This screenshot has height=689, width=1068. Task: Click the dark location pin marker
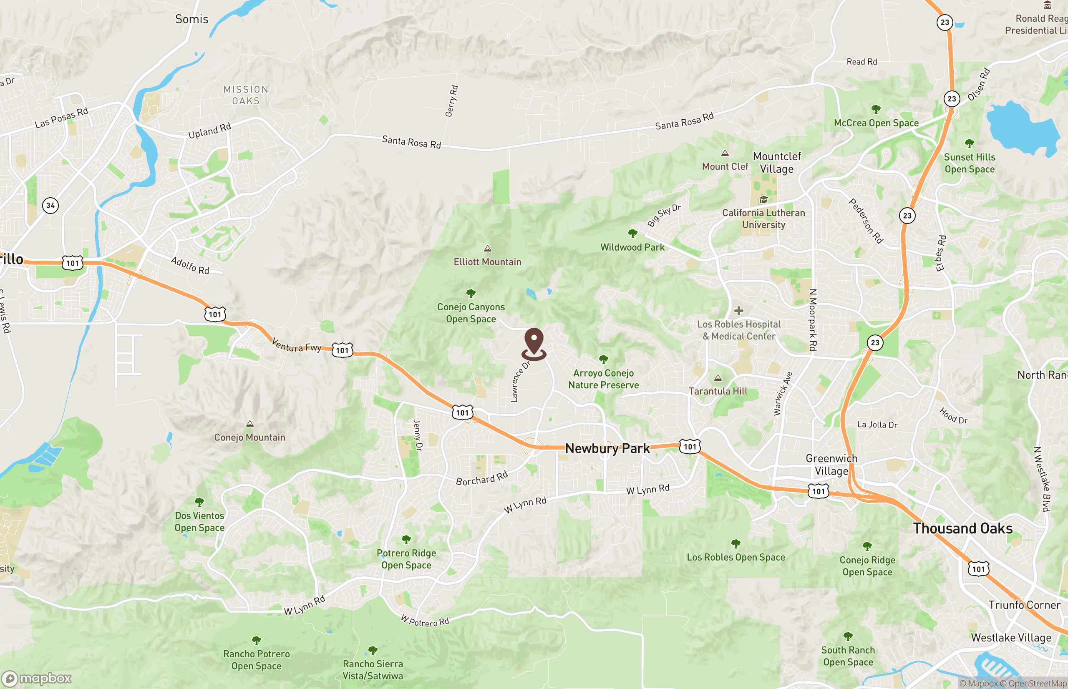pos(534,342)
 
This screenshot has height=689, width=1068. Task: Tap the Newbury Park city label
pos(607,448)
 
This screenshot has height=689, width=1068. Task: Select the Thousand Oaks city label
pos(963,528)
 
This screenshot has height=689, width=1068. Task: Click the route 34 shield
pos(50,205)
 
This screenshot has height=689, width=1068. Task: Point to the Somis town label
pos(191,19)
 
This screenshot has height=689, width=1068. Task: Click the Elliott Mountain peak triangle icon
pos(488,249)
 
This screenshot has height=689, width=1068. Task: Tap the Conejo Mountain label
pos(249,438)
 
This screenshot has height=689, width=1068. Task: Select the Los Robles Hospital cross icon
pos(739,310)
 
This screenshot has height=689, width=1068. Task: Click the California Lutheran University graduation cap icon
pos(763,199)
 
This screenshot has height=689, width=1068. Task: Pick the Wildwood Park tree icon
pos(632,233)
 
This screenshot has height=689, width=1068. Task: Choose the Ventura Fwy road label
pos(296,345)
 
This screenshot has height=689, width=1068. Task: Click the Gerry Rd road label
pos(451,101)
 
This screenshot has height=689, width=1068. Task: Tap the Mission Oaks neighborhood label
pos(246,95)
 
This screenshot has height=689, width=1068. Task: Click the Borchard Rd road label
pos(482,478)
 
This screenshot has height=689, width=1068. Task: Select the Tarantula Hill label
pos(718,391)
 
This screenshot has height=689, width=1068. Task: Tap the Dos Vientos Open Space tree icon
pos(199,502)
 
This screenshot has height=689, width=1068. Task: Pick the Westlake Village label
pos(1011,638)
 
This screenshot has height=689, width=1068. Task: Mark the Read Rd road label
pos(861,62)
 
